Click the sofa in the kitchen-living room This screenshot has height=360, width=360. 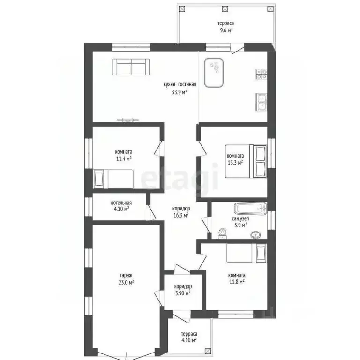[131, 67]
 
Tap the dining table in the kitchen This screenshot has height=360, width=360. [214, 73]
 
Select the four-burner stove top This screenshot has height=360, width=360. [261, 75]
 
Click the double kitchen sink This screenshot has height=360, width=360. [262, 102]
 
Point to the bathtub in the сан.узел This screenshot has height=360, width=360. [251, 209]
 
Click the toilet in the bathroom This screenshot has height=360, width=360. [222, 233]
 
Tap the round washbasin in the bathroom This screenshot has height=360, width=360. [255, 235]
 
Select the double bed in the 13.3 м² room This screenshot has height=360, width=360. [246, 161]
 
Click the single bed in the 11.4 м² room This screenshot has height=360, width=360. [113, 179]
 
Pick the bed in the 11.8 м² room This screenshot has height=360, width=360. [247, 253]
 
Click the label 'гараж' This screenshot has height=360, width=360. [126, 275]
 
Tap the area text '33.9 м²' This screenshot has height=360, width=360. [180, 92]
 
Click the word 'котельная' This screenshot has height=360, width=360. [121, 203]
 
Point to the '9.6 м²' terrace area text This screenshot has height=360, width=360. [226, 30]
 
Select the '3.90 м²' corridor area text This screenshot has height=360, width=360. [183, 293]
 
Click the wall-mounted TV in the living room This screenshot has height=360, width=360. [127, 120]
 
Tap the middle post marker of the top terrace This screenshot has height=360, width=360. [225, 9]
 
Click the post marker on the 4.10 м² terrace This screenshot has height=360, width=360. [208, 351]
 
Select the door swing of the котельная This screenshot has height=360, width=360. [151, 212]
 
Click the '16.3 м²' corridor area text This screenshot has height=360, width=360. [181, 215]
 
